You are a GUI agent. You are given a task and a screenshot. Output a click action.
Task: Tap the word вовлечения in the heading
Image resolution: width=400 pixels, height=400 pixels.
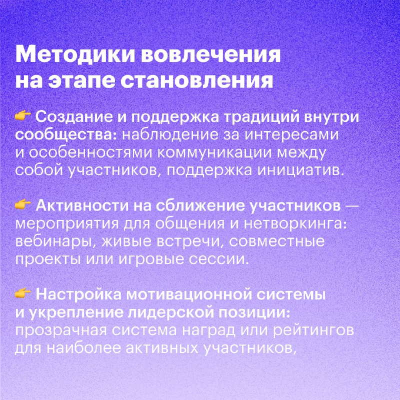[x=211, y=54]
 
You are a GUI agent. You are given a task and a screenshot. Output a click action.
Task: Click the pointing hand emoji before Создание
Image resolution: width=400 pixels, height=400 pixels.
[x=23, y=116]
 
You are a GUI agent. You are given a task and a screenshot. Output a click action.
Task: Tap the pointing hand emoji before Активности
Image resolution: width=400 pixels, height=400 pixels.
[x=23, y=205]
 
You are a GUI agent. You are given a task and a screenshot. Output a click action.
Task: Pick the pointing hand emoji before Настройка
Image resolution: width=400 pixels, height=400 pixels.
[x=23, y=293]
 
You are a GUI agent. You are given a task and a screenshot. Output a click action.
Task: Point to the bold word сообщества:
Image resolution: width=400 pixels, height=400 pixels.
[x=66, y=135]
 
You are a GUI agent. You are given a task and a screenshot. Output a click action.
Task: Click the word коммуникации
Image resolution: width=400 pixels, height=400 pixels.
[x=214, y=153]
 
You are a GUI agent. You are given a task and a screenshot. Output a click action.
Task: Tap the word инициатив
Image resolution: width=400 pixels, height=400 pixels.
[x=298, y=170]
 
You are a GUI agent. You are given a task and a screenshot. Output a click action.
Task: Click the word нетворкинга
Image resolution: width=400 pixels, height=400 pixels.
[x=295, y=224]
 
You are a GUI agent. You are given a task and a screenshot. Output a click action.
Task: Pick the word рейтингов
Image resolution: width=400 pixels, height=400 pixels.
[x=313, y=331]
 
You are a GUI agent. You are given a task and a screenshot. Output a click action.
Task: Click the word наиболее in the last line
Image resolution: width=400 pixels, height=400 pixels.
[x=83, y=348]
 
